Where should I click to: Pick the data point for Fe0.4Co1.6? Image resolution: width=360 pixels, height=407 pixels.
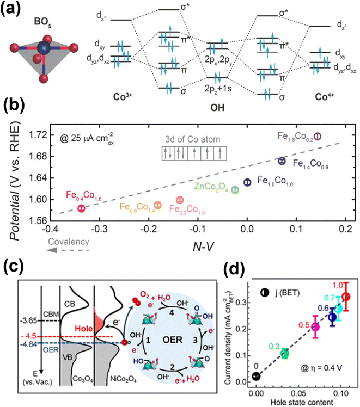(x=81, y=208)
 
